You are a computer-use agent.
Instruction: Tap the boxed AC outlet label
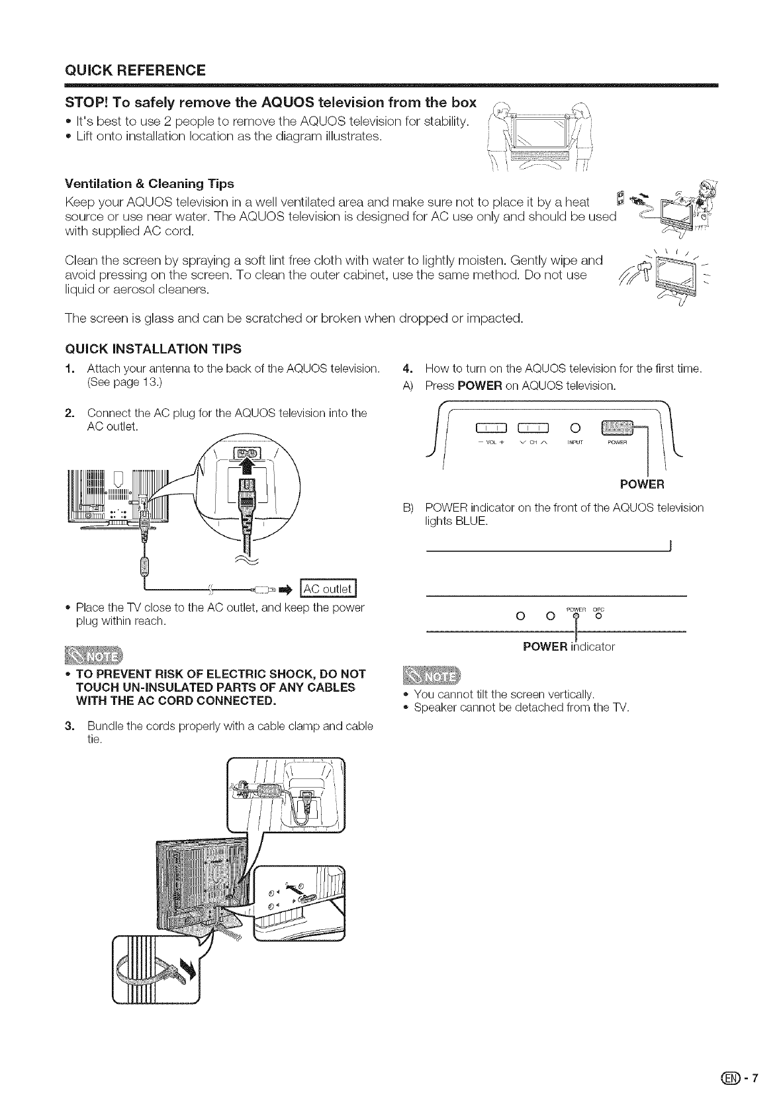pyautogui.click(x=329, y=588)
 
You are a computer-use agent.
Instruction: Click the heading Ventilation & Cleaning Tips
pyautogui.click(x=149, y=183)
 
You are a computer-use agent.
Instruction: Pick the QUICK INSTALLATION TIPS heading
pyautogui.click(x=153, y=349)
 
